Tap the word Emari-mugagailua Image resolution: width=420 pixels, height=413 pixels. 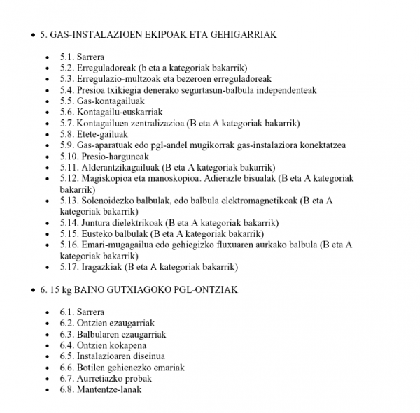[x=115, y=245]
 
